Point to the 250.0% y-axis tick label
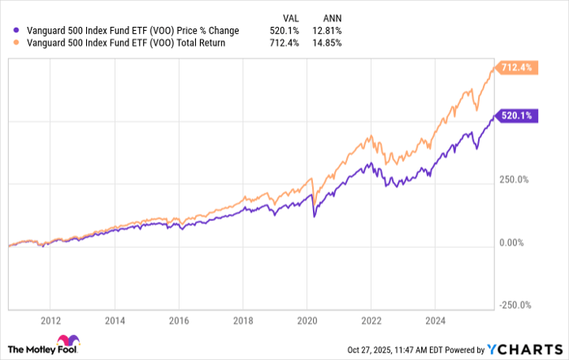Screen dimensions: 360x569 pos(515,180)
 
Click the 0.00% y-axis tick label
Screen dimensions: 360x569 pos(512,242)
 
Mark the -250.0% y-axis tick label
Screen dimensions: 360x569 pos(515,305)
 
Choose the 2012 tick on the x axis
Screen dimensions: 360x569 pos(50,319)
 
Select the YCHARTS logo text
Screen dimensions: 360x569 pos(529,348)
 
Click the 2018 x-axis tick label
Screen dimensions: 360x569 pos(244,319)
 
